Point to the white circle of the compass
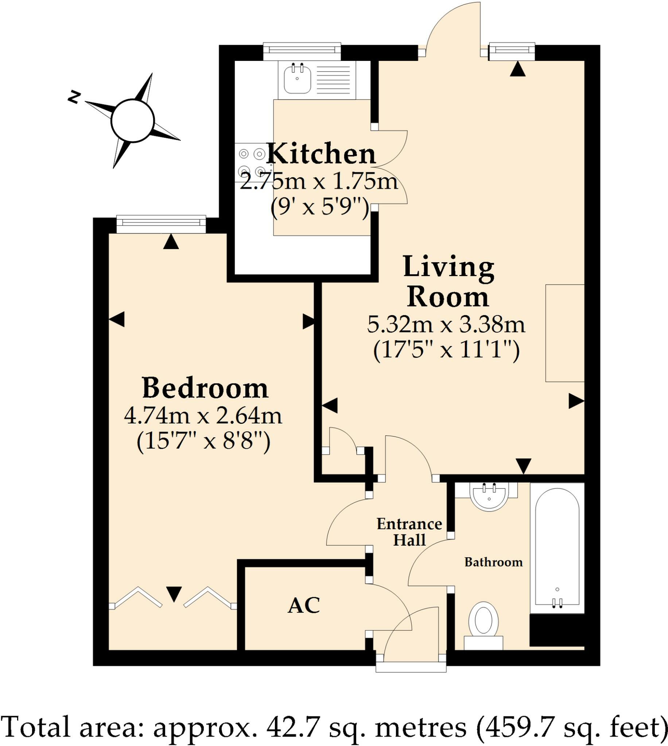tap(132, 120)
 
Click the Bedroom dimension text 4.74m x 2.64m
tap(203, 416)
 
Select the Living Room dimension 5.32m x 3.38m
tap(446, 325)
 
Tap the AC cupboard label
tap(303, 605)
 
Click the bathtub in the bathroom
tap(557, 547)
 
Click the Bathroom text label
tap(493, 562)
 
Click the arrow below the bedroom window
tap(171, 242)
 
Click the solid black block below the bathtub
tap(557, 630)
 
